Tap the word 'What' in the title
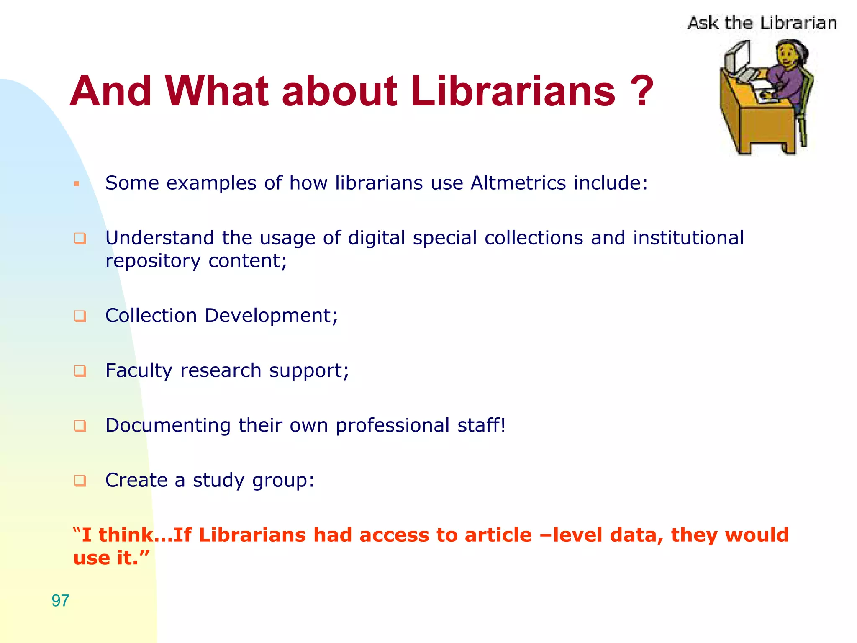coord(217,91)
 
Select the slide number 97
coord(60,601)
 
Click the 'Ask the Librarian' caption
coord(762,23)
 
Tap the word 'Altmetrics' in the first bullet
coord(518,183)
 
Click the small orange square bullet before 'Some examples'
coord(77,184)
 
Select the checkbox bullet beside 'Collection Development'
coord(80,316)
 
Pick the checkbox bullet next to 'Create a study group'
coord(80,481)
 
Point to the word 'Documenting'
coord(168,425)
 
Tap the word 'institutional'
coord(688,238)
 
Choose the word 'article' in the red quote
coord(498,535)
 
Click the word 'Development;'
coord(271,316)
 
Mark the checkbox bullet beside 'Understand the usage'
coord(80,239)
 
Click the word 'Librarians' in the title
coord(513,91)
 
